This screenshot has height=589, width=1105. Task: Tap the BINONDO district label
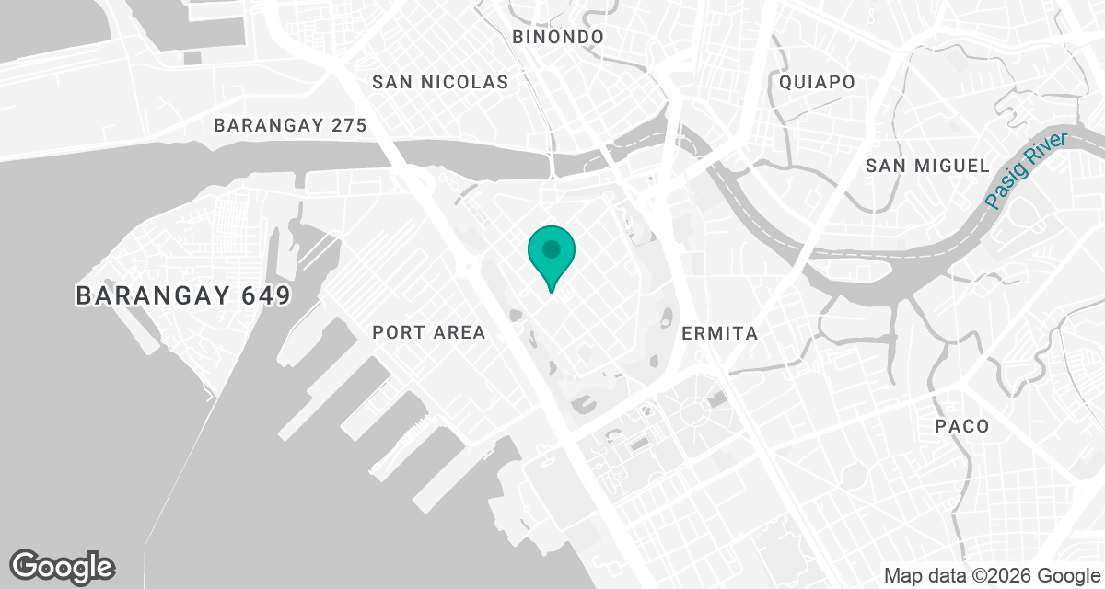(558, 37)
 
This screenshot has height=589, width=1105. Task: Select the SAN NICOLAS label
(440, 82)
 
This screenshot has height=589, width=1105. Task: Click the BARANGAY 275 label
(290, 126)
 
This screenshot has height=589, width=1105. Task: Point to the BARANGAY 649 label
(183, 296)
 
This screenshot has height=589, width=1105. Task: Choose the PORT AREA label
(428, 332)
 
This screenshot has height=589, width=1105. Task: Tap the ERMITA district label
(719, 333)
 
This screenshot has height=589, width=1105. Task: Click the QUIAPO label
(817, 82)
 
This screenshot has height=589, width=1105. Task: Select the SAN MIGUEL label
(927, 166)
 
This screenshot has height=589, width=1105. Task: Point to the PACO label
(961, 426)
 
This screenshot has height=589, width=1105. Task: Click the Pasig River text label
(1025, 170)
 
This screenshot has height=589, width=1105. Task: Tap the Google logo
(63, 566)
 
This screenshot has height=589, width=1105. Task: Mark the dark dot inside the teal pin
(552, 248)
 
